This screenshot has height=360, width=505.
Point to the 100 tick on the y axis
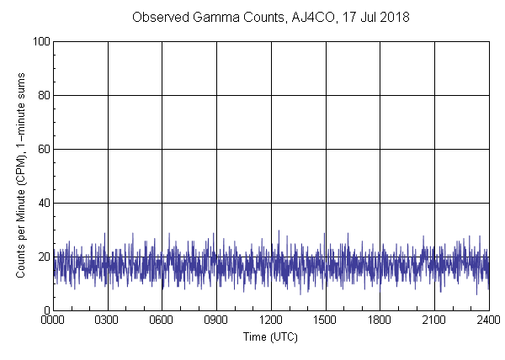[x=40, y=41]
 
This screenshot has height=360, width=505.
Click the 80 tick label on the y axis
[x=43, y=95]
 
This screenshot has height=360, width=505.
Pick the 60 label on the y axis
[x=43, y=149]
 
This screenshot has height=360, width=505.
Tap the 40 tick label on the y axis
[x=43, y=203]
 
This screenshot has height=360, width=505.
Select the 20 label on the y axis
[x=43, y=257]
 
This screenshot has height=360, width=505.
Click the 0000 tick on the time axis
[x=53, y=320]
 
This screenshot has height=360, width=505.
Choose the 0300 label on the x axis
[x=108, y=320]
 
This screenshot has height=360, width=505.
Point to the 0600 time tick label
[x=162, y=320]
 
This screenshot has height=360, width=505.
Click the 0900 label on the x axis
[x=216, y=320]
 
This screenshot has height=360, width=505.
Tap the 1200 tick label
[x=271, y=320]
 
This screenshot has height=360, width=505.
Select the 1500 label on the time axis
[x=326, y=320]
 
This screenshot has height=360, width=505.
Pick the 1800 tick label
[x=380, y=320]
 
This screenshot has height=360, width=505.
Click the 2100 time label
[x=434, y=320]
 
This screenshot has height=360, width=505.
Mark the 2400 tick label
[x=488, y=320]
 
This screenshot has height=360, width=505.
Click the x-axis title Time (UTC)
[x=270, y=336]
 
